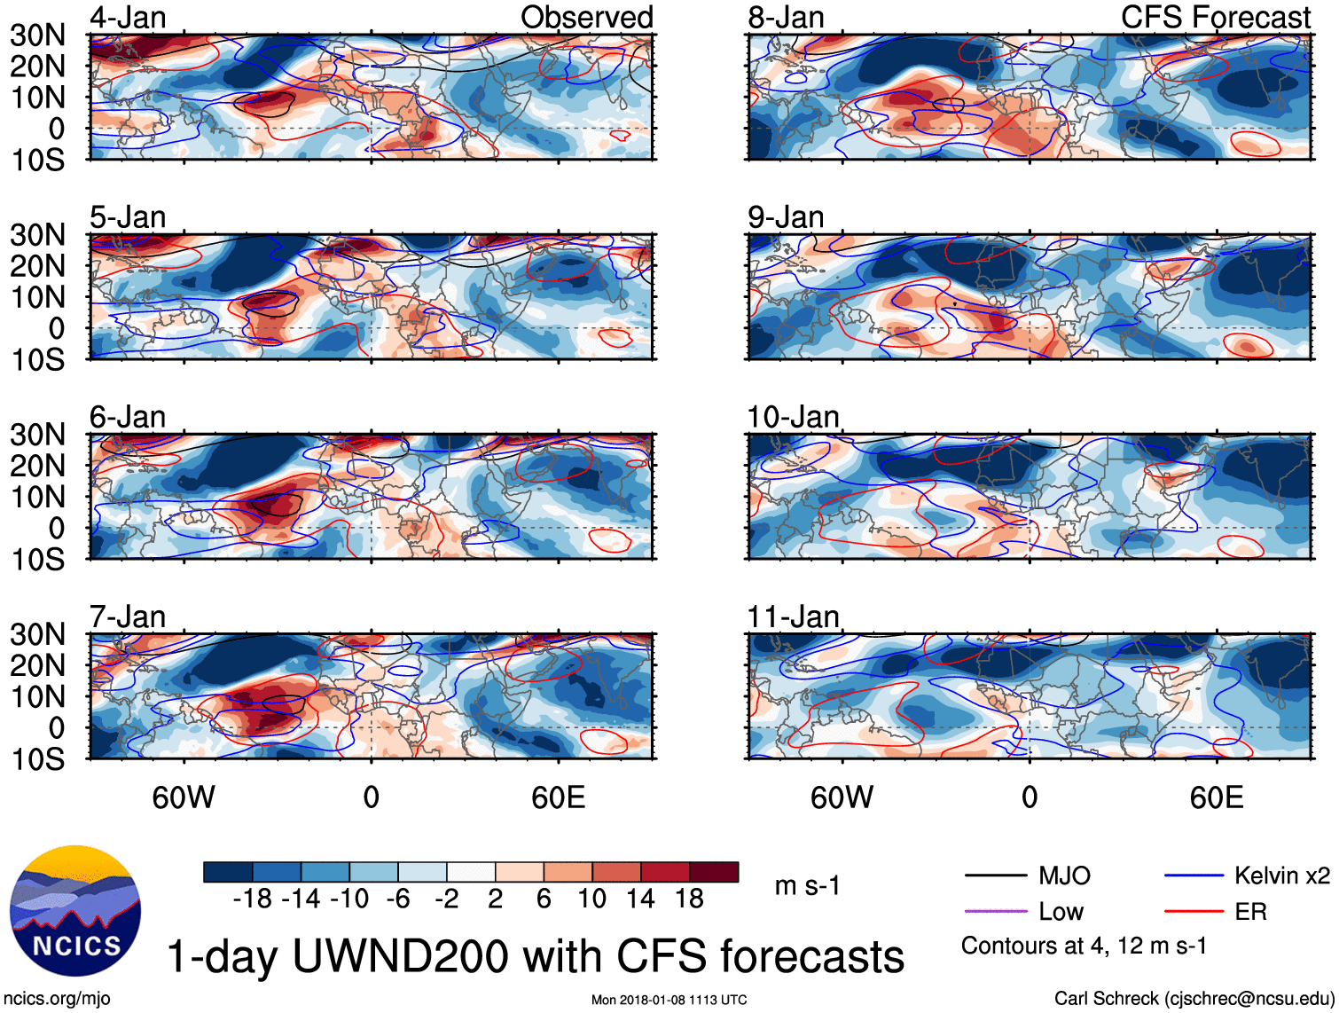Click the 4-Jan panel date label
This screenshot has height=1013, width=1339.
click(x=128, y=18)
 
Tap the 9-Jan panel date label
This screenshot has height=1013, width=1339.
click(x=786, y=217)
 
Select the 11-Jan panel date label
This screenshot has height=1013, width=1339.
click(x=793, y=616)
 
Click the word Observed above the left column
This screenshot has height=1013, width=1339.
click(x=586, y=18)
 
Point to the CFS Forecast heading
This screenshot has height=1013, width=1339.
click(x=1215, y=18)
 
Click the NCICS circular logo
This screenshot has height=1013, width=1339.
click(x=75, y=911)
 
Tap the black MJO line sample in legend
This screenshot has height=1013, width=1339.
click(x=995, y=876)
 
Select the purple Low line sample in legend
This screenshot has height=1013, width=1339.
click(x=995, y=912)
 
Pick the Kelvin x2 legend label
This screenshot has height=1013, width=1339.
click(x=1281, y=876)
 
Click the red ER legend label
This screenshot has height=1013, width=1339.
click(x=1250, y=912)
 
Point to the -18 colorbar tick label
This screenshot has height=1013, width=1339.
click(x=252, y=899)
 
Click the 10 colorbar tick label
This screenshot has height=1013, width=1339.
click(x=591, y=899)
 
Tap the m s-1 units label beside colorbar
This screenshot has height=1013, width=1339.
click(x=807, y=886)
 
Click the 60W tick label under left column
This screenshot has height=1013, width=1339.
click(x=184, y=797)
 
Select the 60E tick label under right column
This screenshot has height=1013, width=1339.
click(x=1216, y=797)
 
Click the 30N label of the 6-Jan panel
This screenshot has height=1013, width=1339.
click(x=37, y=435)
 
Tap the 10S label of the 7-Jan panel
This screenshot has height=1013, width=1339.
click(x=37, y=759)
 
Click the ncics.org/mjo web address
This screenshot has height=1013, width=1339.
click(x=57, y=999)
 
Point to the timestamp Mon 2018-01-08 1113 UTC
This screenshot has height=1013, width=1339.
click(x=669, y=1000)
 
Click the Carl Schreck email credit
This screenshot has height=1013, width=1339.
click(x=1194, y=999)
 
